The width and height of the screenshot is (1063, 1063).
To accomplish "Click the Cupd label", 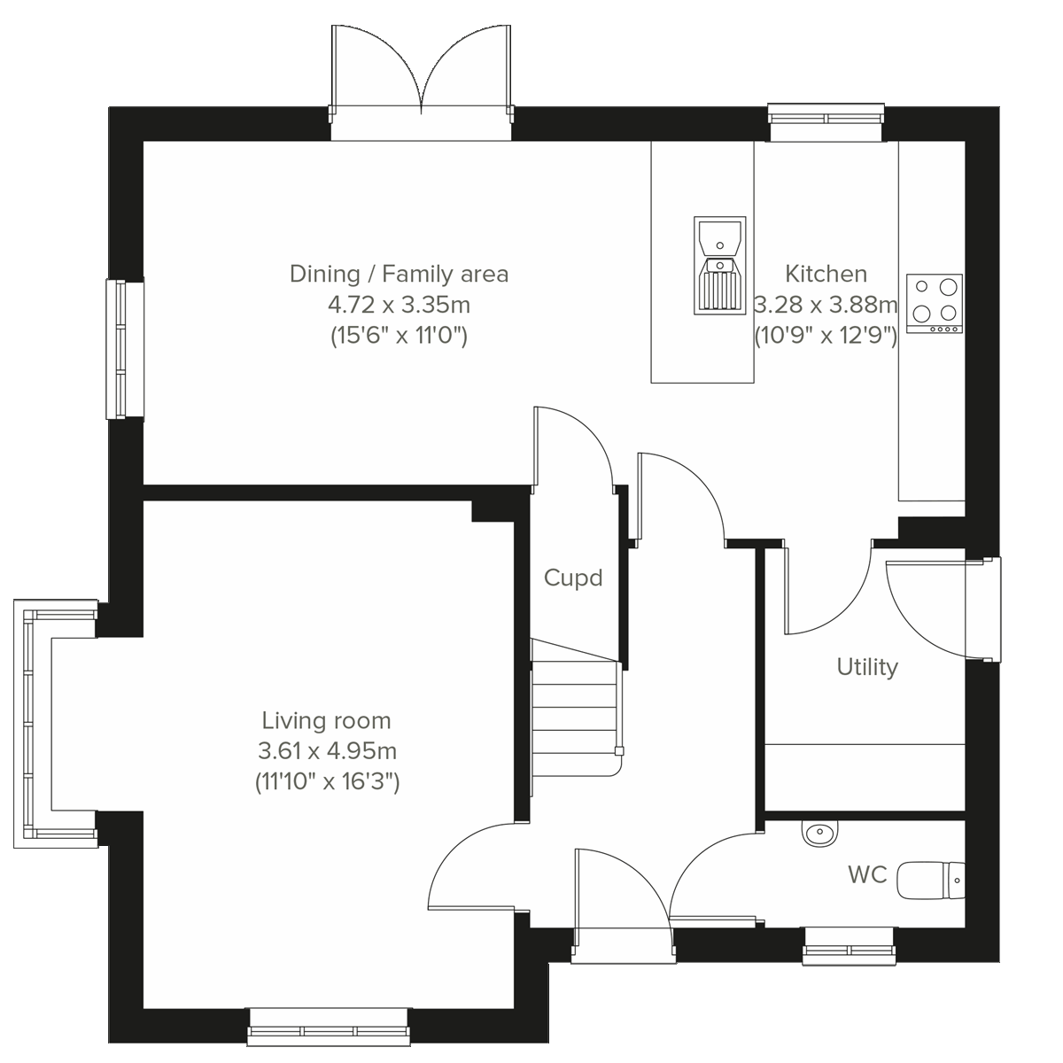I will click(573, 578).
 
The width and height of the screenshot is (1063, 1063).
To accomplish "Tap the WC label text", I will click(867, 875).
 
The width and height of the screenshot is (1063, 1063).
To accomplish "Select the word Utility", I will click(867, 667).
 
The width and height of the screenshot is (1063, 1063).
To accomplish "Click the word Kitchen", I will click(826, 274).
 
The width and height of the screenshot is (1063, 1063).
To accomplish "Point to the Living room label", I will click(326, 721).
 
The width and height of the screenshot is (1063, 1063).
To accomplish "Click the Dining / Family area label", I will click(399, 274).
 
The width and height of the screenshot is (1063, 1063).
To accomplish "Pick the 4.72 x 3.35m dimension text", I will click(399, 306).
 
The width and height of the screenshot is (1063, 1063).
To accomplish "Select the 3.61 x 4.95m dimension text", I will click(326, 752).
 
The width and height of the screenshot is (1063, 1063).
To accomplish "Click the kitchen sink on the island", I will click(719, 266).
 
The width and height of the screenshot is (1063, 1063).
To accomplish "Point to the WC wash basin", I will click(820, 833).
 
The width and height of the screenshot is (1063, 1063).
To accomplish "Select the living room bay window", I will click(31, 723).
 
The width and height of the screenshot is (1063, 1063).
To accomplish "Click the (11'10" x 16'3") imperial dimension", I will click(326, 782).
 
